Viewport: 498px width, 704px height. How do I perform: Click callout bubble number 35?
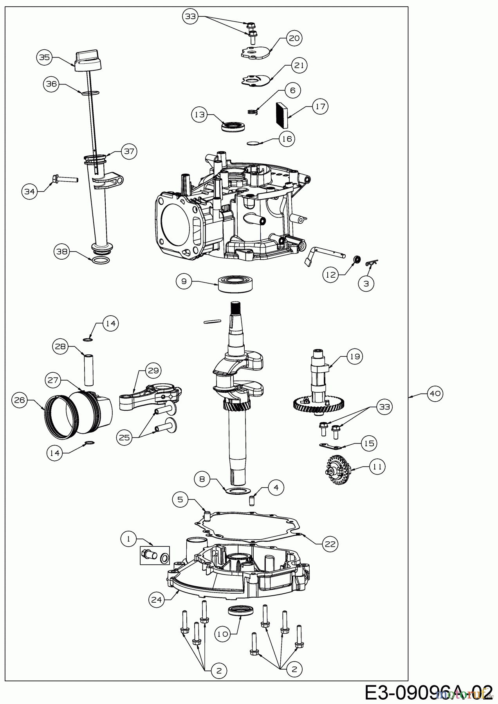pos(45,57)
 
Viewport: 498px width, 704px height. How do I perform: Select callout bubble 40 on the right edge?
pos(435,394)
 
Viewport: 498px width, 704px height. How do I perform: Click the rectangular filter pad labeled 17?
pos(282,115)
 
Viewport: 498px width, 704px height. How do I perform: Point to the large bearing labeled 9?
pos(237,283)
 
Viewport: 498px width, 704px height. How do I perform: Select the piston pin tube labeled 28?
pos(88,368)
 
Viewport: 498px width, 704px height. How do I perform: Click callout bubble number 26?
pos(20,400)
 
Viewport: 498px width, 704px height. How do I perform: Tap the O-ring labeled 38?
pos(101,260)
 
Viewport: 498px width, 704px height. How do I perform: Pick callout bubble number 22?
pos(329,544)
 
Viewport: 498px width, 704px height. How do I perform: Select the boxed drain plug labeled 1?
pos(155,555)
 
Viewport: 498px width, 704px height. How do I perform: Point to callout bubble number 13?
pos(200,114)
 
